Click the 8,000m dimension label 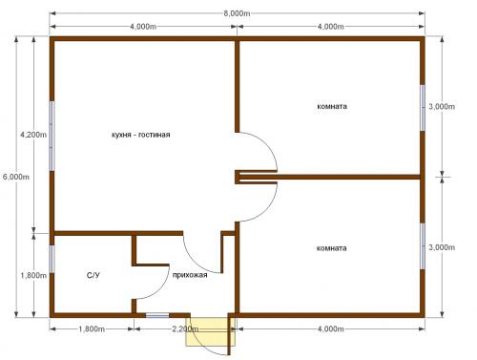pyautogui.click(x=237, y=13)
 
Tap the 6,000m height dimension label pyautogui.click(x=16, y=177)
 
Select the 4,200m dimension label pyautogui.click(x=33, y=135)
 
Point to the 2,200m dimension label pyautogui.click(x=185, y=328)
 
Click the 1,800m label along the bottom pyautogui.click(x=92, y=328)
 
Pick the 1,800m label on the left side pyautogui.click(x=33, y=275)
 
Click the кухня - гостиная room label pyautogui.click(x=141, y=135)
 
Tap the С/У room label pyautogui.click(x=93, y=275)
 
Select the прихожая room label pyautogui.click(x=190, y=275)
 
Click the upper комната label pyautogui.click(x=332, y=106)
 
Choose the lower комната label pyautogui.click(x=332, y=248)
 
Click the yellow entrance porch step pyautogui.click(x=211, y=331)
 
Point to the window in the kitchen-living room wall pyautogui.click(x=52, y=136)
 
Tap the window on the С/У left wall pyautogui.click(x=52, y=259)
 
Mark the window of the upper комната pyautogui.click(x=423, y=108)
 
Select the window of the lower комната pyautogui.click(x=423, y=246)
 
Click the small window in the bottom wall pyautogui.click(x=157, y=315)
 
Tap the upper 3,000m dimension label pyautogui.click(x=442, y=106)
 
